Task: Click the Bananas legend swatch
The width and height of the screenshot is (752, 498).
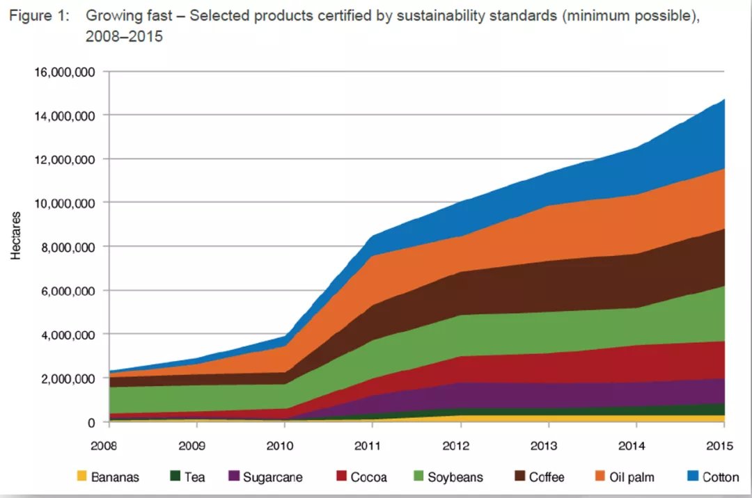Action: click(x=81, y=477)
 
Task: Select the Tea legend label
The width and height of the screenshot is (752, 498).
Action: click(x=194, y=477)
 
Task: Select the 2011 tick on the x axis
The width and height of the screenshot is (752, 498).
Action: click(x=372, y=443)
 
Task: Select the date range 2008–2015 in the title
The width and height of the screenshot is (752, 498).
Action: click(x=124, y=36)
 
